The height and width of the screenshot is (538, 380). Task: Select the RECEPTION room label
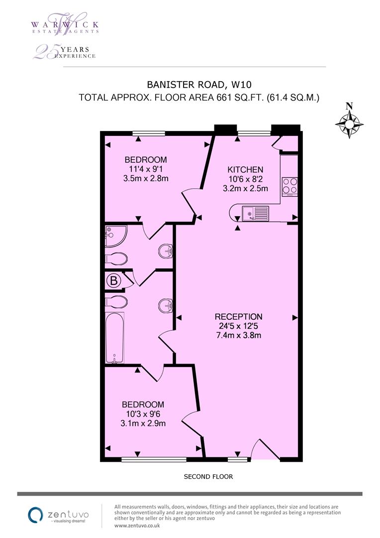(x=238, y=317)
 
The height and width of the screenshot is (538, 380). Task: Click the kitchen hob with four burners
(x=289, y=186)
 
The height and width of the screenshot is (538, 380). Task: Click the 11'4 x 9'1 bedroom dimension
(x=145, y=169)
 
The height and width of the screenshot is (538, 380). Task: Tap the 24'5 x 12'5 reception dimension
(x=238, y=326)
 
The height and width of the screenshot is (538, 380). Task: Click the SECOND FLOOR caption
(x=208, y=477)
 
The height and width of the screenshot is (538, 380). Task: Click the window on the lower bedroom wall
(x=154, y=459)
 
